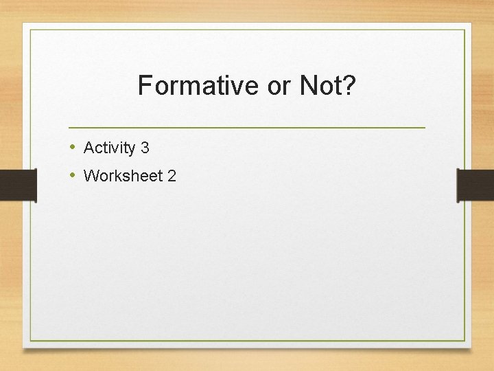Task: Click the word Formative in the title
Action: coord(196,86)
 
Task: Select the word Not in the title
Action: coord(319,86)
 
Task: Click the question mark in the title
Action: coord(349,86)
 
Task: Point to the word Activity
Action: coord(109,148)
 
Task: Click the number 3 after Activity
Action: coord(145,148)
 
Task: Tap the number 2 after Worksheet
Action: coord(172,176)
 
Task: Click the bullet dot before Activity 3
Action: coord(73,147)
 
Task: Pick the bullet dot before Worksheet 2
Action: coord(73,175)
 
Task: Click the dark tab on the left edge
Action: coord(18,185)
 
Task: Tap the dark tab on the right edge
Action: coord(475,185)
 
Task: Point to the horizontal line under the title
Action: coord(247,128)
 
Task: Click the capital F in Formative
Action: coord(144,86)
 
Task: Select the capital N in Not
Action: coord(307,86)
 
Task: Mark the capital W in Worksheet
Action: coord(91,176)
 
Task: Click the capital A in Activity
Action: coord(89,148)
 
